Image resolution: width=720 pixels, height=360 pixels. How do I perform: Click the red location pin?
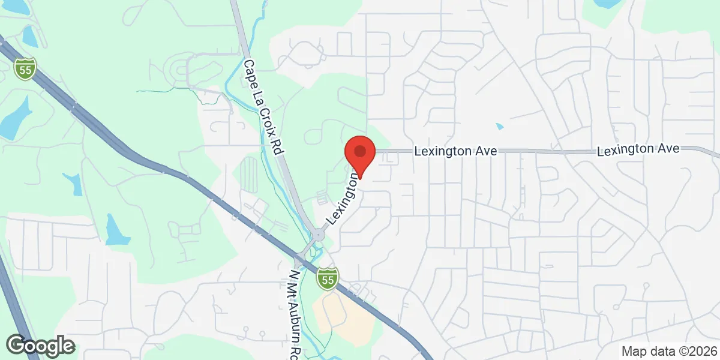[x=360, y=152]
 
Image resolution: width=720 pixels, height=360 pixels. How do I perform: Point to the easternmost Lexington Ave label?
[x=638, y=149]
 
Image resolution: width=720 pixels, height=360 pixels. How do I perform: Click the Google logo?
[x=40, y=346]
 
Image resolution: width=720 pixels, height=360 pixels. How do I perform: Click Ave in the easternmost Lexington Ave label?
[x=670, y=148]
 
